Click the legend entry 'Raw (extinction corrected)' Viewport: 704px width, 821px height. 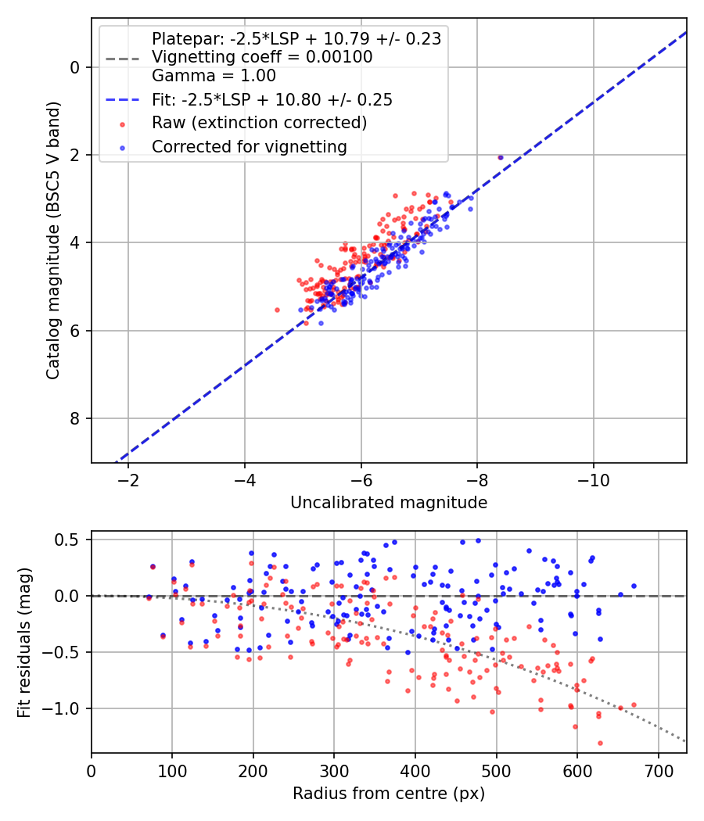(259, 123)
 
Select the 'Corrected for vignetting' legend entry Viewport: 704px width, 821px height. (250, 146)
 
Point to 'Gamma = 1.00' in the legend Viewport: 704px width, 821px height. (214, 76)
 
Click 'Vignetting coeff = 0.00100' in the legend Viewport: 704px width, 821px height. (262, 57)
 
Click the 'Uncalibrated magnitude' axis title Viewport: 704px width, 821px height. (389, 503)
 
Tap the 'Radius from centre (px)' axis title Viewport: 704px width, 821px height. (389, 794)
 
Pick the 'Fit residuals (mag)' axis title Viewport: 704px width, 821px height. (24, 643)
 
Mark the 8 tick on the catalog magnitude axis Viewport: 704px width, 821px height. (75, 418)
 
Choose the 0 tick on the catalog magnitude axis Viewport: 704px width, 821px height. (75, 67)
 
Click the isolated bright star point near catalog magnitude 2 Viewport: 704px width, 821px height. (501, 157)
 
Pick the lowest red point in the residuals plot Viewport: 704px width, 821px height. (600, 743)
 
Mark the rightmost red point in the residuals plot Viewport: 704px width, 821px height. (634, 704)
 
